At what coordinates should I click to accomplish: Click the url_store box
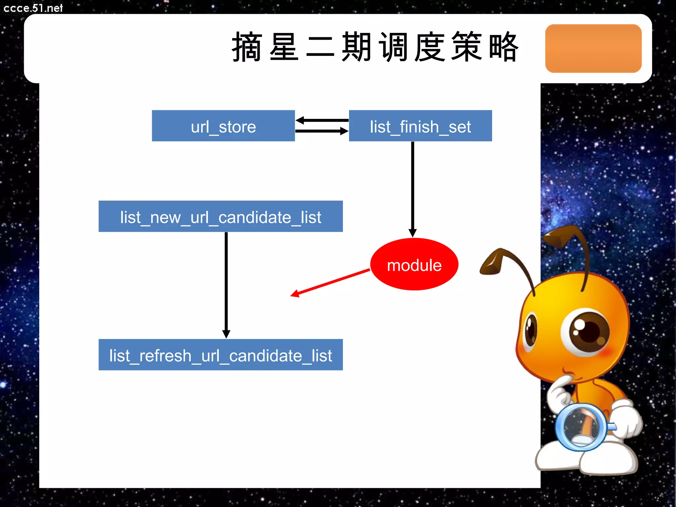coord(223,126)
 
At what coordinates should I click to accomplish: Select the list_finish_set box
coord(420,126)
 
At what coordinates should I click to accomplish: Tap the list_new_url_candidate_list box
coord(220,217)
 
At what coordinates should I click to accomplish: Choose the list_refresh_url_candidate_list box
coord(220,355)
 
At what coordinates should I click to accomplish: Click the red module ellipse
coord(414,264)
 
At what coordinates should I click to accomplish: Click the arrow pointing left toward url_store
coord(322,120)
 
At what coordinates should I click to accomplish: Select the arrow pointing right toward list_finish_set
coord(322,131)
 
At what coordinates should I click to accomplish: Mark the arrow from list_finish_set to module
coord(413,188)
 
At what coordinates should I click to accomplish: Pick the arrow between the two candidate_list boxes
coord(226,284)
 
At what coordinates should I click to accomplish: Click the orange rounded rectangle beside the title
coord(593,49)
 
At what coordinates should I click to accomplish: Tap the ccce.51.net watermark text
coord(33,8)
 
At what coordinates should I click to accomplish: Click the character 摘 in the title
coord(247,47)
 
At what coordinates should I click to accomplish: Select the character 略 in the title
coord(503,47)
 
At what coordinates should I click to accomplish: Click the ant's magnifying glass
coord(581,426)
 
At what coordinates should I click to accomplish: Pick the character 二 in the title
coord(320,47)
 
